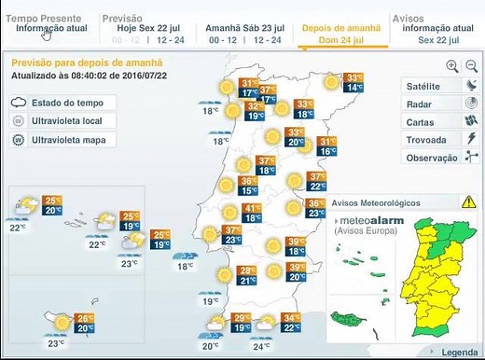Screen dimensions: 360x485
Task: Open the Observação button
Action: click(x=430, y=157)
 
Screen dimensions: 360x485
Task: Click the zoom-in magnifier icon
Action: click(x=452, y=65)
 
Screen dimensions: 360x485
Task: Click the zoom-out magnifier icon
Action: click(x=472, y=65)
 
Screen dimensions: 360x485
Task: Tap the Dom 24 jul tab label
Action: click(x=341, y=40)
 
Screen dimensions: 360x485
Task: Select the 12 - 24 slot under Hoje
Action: click(x=171, y=40)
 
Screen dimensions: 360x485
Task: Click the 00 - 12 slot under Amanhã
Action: click(x=225, y=40)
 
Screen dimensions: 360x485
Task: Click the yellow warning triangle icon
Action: click(x=468, y=201)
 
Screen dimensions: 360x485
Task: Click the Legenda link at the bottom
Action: click(x=458, y=353)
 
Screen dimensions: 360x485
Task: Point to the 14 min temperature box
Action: click(x=354, y=88)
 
